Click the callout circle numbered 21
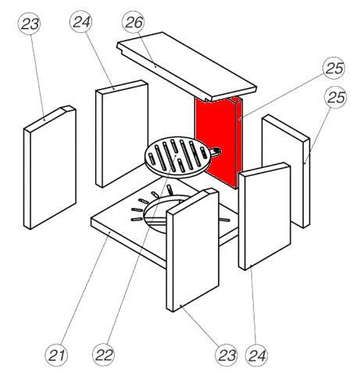pyautogui.click(x=56, y=355)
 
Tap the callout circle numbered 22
pyautogui.click(x=103, y=355)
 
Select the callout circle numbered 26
pyautogui.click(x=134, y=22)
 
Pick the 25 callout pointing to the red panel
pyautogui.click(x=333, y=68)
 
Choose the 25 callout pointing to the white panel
pyautogui.click(x=336, y=97)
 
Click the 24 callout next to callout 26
pyautogui.click(x=81, y=22)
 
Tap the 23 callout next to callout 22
pyautogui.click(x=226, y=355)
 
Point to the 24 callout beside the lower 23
pyautogui.click(x=257, y=356)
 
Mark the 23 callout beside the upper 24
pyautogui.click(x=29, y=23)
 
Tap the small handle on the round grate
pyautogui.click(x=216, y=152)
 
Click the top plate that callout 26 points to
pyautogui.click(x=187, y=66)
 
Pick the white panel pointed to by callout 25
pyautogui.click(x=286, y=170)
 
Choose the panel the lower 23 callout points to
pyautogui.click(x=193, y=249)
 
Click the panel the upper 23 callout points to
pyautogui.click(x=50, y=167)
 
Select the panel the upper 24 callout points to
pyautogui.click(x=122, y=134)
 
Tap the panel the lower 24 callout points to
pyautogui.click(x=265, y=216)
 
